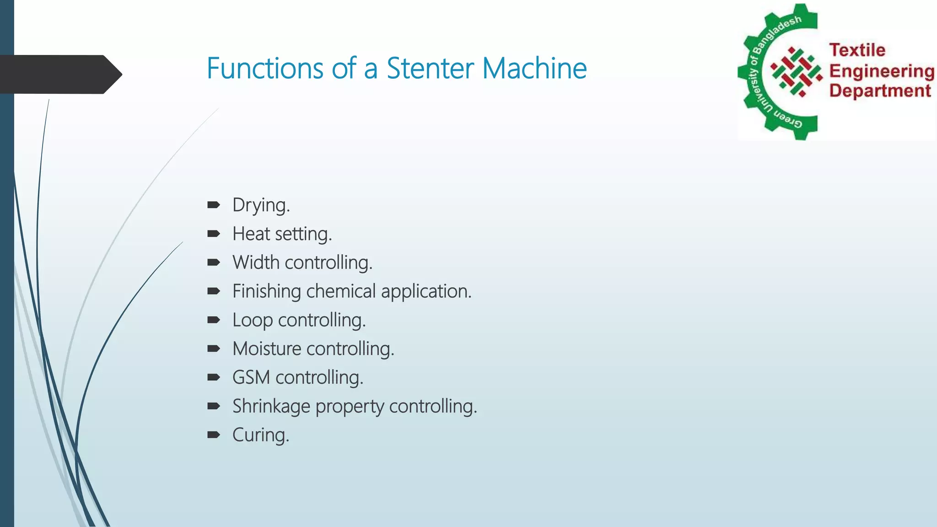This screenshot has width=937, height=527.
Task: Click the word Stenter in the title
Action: pos(430,69)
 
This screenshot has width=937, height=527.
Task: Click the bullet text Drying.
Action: pos(261,205)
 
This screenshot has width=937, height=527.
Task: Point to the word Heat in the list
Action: pos(251,234)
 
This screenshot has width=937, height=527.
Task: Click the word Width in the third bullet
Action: pos(256,263)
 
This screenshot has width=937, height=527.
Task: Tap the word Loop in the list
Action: pos(253,321)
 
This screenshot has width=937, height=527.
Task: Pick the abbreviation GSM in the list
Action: pos(251,378)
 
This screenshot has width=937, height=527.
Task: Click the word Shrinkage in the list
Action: pos(271,407)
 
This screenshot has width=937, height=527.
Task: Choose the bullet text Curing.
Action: pos(261,435)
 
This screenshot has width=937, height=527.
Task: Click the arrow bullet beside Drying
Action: pos(214,205)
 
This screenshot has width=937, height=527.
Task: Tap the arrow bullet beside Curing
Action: pos(214,435)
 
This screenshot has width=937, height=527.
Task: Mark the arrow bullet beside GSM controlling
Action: pos(214,377)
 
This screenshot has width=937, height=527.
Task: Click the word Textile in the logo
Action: pos(857,50)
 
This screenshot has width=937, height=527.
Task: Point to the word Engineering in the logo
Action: pos(882,71)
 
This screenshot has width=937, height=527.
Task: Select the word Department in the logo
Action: pos(880,91)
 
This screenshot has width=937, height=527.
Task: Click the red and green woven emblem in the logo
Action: pos(797,72)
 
